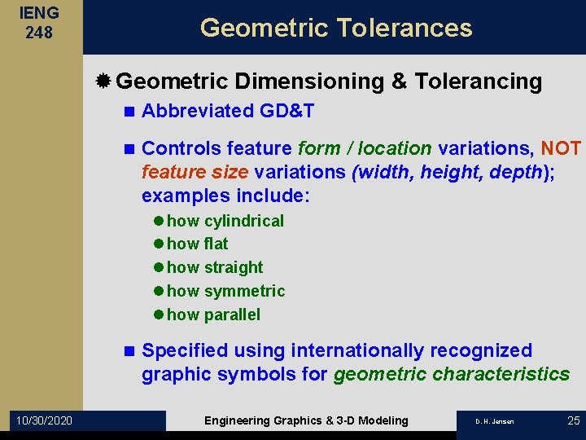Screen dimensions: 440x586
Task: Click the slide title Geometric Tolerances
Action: point(336,28)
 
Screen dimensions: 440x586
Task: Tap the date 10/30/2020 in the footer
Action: point(43,420)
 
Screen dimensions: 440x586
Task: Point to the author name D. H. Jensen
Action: point(495,421)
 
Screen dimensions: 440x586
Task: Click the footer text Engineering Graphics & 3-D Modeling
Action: point(306,420)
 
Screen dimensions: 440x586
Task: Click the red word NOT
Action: point(561,148)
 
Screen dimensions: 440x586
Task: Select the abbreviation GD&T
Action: point(286,112)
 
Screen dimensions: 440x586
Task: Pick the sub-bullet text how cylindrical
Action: point(225,221)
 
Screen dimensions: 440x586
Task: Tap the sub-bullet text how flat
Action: point(197,244)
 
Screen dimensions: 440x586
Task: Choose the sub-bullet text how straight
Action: point(215,267)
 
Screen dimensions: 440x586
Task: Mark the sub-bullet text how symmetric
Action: point(225,291)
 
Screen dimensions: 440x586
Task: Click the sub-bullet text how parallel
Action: point(213,315)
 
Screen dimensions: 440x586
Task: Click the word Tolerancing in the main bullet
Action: point(478,81)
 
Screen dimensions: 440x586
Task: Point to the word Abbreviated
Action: point(198,112)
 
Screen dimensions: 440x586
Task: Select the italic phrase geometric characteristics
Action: point(452,375)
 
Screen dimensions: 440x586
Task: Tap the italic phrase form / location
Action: point(365,148)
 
